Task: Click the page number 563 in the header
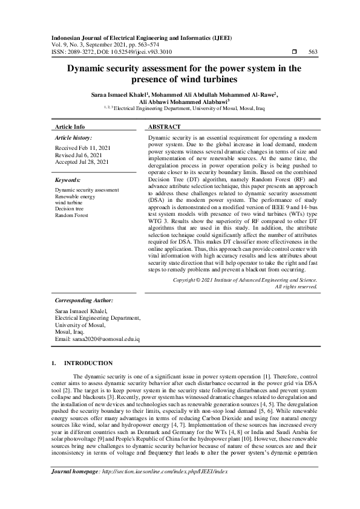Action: pos(313,52)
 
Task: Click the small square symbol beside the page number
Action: pos(293,52)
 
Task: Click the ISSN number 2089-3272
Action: pos(78,52)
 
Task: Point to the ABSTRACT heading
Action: pos(164,127)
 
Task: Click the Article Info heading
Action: pos(70,127)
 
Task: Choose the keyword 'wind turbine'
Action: pos(69,203)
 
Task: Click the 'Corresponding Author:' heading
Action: pos(83,300)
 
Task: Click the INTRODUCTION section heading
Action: pos(88,363)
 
